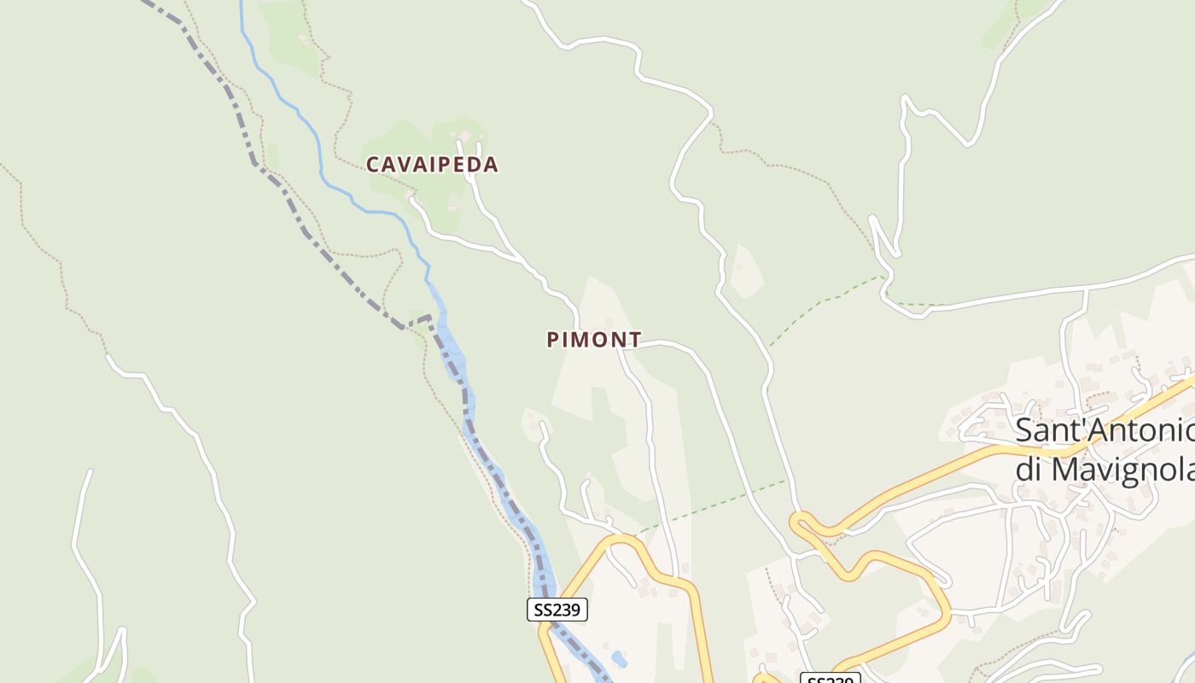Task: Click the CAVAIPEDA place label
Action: click(x=432, y=165)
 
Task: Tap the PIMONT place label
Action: click(x=594, y=340)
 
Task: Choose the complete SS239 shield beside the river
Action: click(x=557, y=610)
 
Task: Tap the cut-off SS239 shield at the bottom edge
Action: click(x=830, y=678)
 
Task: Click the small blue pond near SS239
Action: click(x=619, y=659)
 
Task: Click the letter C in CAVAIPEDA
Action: click(x=373, y=165)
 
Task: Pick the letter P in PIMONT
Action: click(x=553, y=340)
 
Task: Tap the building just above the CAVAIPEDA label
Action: click(x=464, y=135)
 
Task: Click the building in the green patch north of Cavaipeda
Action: click(x=304, y=38)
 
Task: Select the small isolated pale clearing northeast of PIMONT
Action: click(x=744, y=271)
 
